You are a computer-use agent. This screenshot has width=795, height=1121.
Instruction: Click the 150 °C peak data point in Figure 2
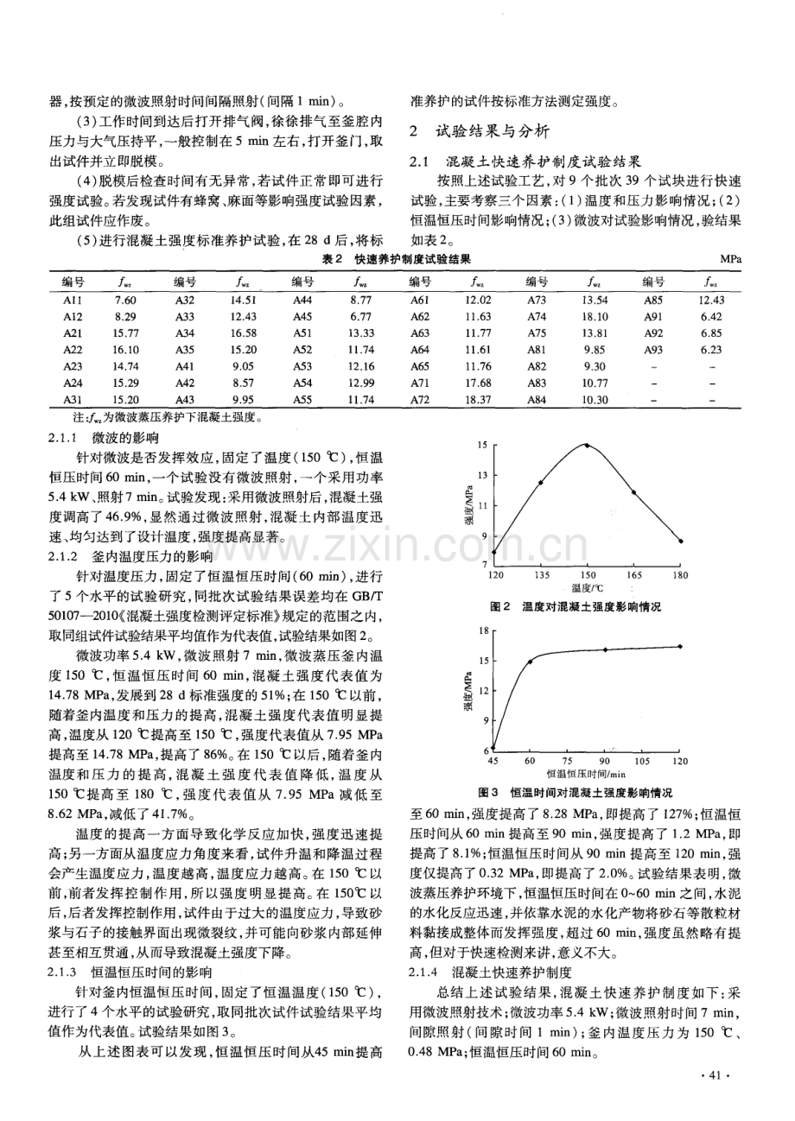pyautogui.click(x=588, y=445)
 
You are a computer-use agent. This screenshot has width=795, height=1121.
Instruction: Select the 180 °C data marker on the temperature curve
pyautogui.click(x=682, y=541)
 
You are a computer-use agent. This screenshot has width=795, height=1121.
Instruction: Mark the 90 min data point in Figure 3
pyautogui.click(x=605, y=650)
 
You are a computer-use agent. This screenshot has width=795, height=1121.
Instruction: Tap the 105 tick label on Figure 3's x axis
pyautogui.click(x=642, y=761)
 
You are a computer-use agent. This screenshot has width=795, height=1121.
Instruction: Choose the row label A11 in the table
pyautogui.click(x=73, y=299)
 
